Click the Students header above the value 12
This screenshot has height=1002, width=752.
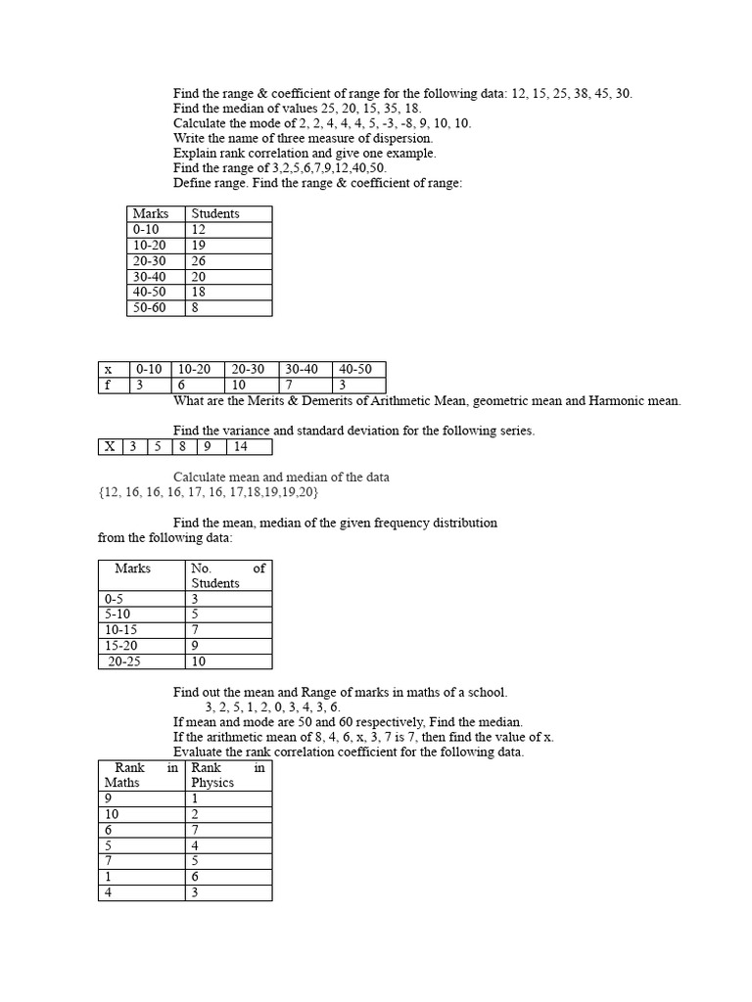point(215,213)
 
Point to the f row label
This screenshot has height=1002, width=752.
point(108,386)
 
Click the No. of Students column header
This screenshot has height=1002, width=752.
point(228,575)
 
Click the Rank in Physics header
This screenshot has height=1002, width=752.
point(228,775)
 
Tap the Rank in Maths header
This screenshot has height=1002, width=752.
point(141,775)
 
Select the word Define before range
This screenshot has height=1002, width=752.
point(195,183)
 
